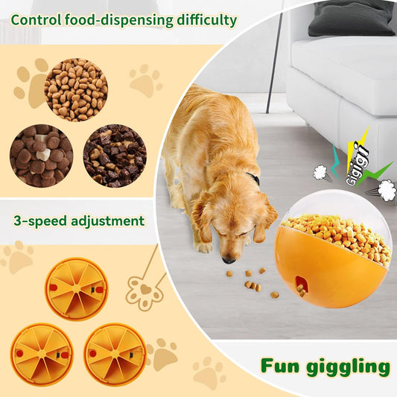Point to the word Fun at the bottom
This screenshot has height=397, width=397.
pos(279,366)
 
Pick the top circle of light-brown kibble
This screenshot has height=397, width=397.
pos(76,90)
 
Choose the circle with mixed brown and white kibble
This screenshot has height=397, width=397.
pos(41,156)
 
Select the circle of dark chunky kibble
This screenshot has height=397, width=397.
pos(115,156)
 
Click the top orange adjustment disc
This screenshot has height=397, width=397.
pos(77,289)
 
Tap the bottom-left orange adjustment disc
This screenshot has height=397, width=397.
pos(42,354)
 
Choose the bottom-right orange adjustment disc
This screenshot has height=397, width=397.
pos(114,354)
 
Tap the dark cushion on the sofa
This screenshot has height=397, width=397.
pos(350,19)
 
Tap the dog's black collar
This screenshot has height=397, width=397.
pos(254,179)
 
